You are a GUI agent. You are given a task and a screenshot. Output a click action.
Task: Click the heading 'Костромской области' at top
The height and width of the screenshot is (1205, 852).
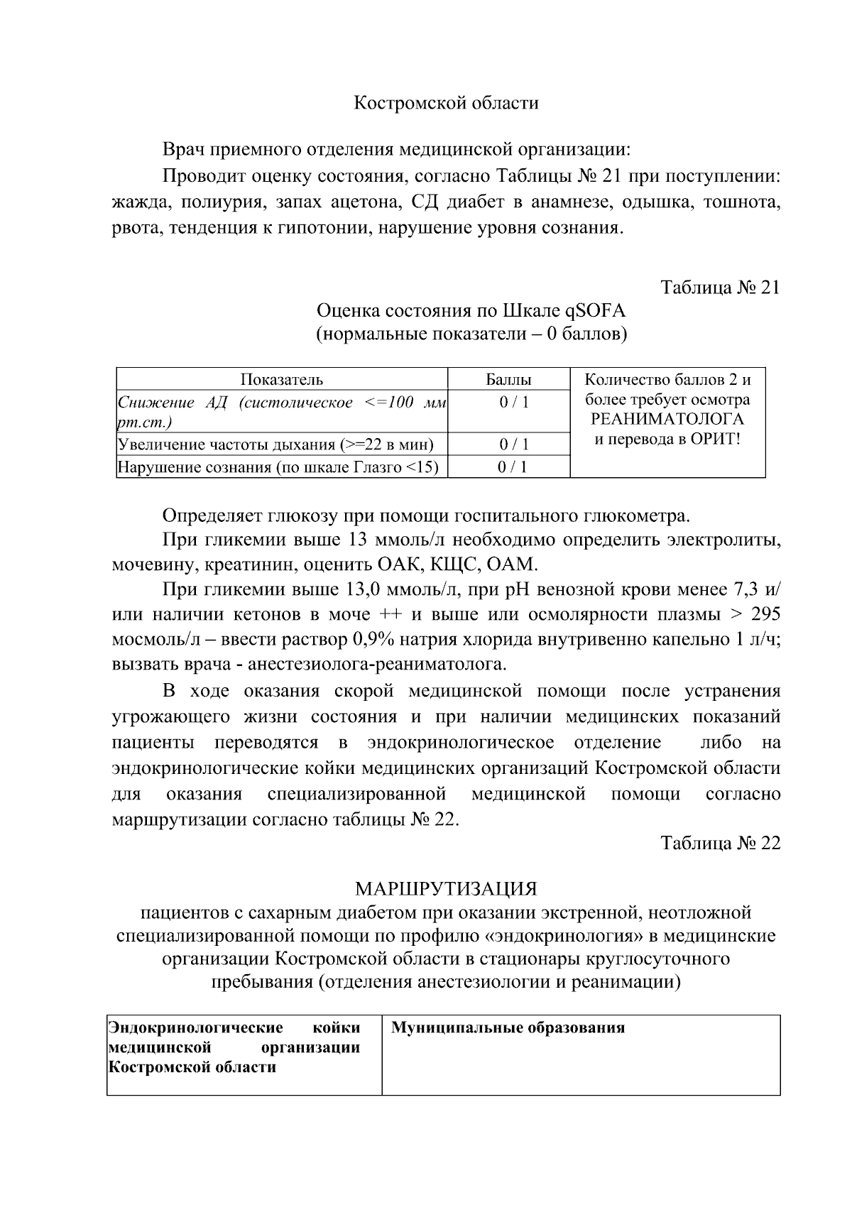click(446, 103)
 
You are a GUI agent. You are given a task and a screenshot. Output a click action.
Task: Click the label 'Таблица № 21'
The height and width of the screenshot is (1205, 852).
click(720, 288)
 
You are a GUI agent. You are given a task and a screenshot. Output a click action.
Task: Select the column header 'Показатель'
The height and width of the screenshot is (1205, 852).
click(281, 379)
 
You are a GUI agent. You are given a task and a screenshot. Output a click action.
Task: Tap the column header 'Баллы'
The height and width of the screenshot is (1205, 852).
click(508, 379)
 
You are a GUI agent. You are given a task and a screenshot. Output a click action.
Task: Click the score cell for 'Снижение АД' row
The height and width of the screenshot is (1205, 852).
click(508, 403)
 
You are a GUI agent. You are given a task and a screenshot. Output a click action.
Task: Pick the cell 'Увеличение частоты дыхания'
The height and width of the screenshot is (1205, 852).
click(275, 445)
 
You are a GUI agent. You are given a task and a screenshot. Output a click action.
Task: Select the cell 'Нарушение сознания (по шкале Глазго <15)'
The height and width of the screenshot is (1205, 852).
click(278, 467)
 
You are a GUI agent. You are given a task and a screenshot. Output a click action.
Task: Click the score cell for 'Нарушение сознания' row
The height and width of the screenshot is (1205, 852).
click(508, 467)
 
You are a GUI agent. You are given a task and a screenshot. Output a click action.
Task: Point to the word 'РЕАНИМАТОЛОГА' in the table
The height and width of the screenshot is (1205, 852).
click(667, 419)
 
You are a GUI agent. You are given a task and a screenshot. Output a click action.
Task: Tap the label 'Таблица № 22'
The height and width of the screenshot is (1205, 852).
click(720, 843)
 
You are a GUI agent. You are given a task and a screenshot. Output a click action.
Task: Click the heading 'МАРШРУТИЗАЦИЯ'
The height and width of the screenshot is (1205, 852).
click(446, 889)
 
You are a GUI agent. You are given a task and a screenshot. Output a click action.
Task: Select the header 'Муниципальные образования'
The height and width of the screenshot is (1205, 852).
click(508, 1027)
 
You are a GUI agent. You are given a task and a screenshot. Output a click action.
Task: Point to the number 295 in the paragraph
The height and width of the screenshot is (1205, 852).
click(765, 614)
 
